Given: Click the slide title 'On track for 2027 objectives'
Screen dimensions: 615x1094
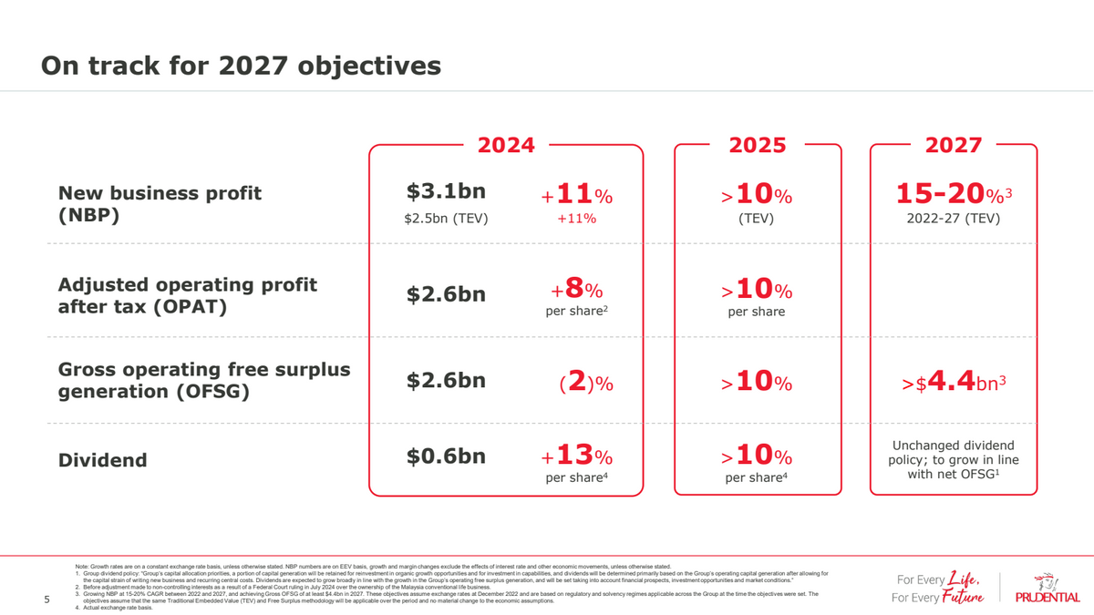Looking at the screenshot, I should (x=242, y=67).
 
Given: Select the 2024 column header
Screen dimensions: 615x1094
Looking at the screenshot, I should (x=506, y=146).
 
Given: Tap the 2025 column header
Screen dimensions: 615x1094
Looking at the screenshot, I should (x=758, y=146).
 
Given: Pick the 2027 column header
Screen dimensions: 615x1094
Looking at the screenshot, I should (x=953, y=146).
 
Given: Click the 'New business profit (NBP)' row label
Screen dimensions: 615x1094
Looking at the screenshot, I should (x=160, y=205).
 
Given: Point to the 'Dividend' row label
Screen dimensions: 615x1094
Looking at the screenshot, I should (x=102, y=460).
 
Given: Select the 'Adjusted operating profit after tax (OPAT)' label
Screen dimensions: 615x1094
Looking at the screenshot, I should (x=187, y=296).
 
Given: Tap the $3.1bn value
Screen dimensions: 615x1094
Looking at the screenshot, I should (x=446, y=193).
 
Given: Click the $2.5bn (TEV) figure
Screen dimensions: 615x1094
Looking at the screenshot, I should (x=447, y=219).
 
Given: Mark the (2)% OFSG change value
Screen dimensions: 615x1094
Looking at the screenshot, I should (x=584, y=384).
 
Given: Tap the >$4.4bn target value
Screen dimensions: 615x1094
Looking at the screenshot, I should (x=953, y=384).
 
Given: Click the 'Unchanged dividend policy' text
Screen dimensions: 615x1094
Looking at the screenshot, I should (x=953, y=460).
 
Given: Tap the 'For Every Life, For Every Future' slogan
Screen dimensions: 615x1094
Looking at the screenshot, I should (x=938, y=589).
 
